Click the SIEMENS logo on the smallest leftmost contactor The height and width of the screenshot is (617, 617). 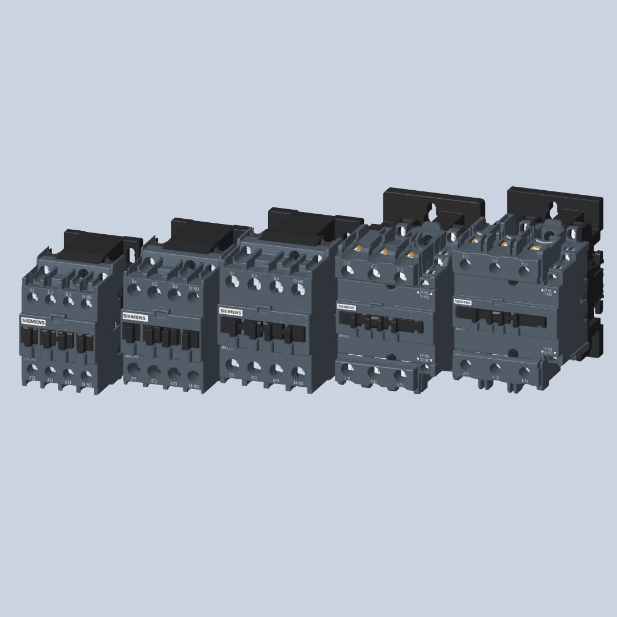[33, 321]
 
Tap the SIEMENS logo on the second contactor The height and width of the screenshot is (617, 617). [135, 316]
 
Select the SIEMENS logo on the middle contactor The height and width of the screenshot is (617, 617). [231, 312]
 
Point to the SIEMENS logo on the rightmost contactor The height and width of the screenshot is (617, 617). [463, 302]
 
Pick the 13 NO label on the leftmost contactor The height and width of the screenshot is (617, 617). [86, 297]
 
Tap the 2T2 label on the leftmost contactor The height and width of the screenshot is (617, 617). [32, 378]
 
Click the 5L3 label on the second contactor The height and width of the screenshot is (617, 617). [175, 286]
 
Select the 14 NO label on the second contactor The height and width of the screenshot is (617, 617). [194, 386]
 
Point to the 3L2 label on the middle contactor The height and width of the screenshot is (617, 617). [254, 277]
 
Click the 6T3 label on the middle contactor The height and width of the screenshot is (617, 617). [276, 380]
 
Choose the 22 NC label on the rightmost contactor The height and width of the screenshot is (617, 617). [548, 354]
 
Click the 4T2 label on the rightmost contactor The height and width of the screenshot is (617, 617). [495, 377]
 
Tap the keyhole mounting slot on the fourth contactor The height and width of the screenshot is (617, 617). [434, 210]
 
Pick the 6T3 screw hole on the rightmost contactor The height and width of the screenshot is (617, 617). [524, 370]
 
